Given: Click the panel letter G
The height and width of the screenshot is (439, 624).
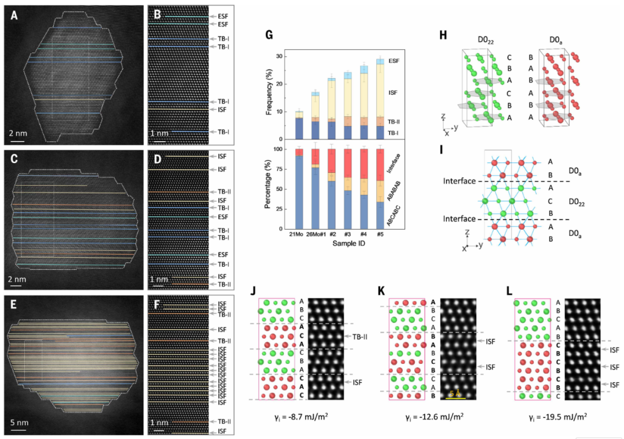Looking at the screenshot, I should tap(269, 35).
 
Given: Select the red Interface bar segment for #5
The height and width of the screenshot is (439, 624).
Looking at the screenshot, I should tap(381, 164).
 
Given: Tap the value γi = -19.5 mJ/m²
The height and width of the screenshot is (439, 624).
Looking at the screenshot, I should tap(559, 415).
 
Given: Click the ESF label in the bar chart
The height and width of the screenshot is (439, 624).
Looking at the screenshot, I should tap(395, 61).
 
